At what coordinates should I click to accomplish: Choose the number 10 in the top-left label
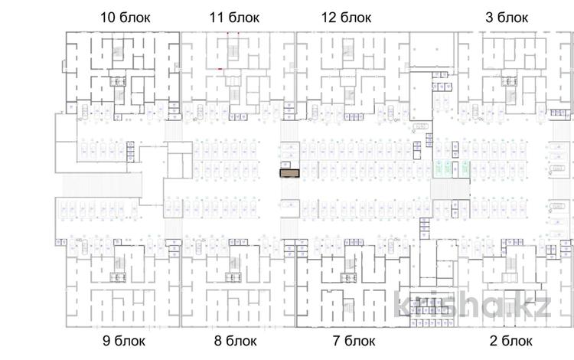tap(109, 16)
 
